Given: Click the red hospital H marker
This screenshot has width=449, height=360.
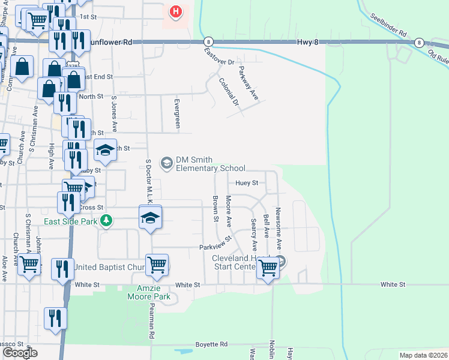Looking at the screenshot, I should (x=175, y=11).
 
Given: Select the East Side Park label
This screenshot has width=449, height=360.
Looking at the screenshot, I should (x=71, y=221).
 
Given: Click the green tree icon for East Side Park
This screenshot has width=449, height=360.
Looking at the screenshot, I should (x=106, y=220).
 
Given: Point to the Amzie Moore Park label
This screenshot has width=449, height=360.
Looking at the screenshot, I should (x=149, y=292).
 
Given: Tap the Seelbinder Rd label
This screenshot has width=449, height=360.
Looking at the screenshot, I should (x=388, y=24).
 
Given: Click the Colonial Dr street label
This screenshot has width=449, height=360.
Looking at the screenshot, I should (x=229, y=92).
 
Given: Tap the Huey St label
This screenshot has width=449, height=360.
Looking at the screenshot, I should (x=247, y=183).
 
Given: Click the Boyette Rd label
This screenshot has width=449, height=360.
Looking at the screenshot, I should (x=211, y=344).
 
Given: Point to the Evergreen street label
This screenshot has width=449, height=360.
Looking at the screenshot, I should (x=177, y=113).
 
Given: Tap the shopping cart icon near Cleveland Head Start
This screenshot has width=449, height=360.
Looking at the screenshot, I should (x=268, y=268).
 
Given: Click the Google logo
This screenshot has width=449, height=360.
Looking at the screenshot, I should (x=20, y=353).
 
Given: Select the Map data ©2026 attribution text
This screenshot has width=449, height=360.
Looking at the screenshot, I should (x=423, y=355).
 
